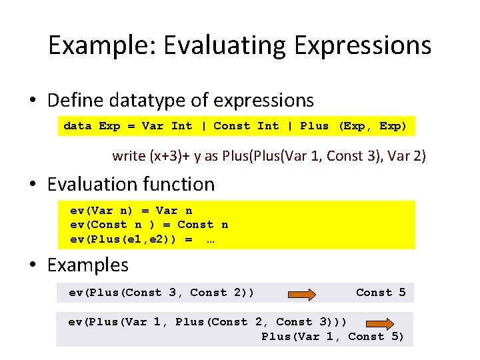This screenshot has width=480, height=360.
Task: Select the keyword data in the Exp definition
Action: coord(77,126)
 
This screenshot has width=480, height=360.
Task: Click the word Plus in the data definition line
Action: coord(314,126)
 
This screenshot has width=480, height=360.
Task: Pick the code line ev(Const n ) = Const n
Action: coord(149,225)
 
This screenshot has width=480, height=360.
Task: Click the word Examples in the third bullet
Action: coord(88,265)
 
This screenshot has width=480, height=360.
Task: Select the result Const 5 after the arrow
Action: coord(381,292)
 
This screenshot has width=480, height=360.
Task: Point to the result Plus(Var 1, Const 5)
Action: coord(333,336)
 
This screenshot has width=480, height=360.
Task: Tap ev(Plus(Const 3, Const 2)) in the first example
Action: coord(161,292)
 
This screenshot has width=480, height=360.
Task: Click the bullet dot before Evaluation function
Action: coord(33,185)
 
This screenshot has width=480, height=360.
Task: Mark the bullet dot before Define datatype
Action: coord(33,101)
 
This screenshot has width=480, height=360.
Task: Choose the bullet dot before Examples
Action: coord(33,265)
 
